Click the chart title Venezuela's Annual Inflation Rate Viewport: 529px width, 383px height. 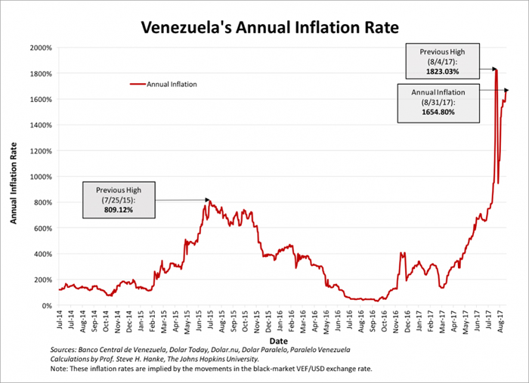[264, 29]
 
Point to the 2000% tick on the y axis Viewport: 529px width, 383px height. [41, 48]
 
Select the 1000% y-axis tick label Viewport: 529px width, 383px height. [41, 177]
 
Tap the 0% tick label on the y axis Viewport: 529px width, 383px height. [46, 305]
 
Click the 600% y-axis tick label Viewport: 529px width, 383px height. [42, 228]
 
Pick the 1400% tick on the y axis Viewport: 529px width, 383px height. [41, 125]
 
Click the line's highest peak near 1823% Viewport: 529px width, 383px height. [496, 69]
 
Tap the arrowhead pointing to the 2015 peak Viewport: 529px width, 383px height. [206, 200]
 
